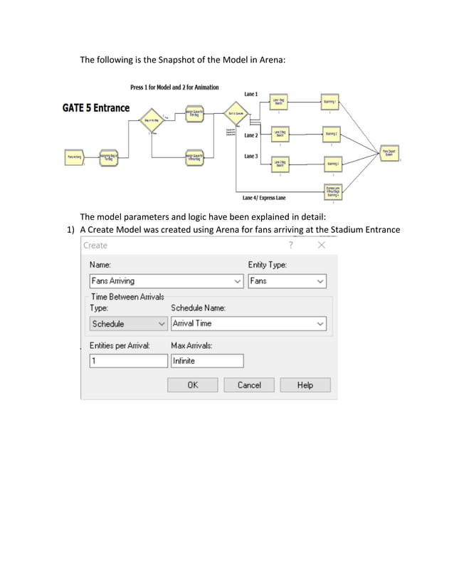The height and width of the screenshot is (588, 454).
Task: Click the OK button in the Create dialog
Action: pyautogui.click(x=193, y=385)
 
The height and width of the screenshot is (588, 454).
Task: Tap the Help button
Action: pyautogui.click(x=305, y=385)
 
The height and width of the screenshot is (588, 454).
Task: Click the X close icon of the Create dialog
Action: pyautogui.click(x=322, y=245)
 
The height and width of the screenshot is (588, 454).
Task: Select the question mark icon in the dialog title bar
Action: pyautogui.click(x=290, y=245)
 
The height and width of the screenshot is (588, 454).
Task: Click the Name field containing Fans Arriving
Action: pyautogui.click(x=167, y=281)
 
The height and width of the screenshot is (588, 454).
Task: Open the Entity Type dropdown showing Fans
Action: pyautogui.click(x=287, y=281)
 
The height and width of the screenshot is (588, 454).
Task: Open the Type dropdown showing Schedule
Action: pyautogui.click(x=128, y=324)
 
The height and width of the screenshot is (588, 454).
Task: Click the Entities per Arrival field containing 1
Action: pyautogui.click(x=128, y=361)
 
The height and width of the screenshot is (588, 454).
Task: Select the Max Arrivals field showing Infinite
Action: pyautogui.click(x=206, y=361)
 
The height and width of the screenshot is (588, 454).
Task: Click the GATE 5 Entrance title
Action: pyautogui.click(x=96, y=107)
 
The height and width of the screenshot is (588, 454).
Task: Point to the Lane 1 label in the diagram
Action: pyautogui.click(x=251, y=95)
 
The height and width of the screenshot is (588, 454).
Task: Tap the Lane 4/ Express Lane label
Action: pyautogui.click(x=264, y=198)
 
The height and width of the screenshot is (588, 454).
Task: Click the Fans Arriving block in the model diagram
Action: pyautogui.click(x=74, y=156)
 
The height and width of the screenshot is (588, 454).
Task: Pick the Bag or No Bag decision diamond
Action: pyautogui.click(x=151, y=120)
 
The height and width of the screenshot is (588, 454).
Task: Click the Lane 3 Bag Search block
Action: pyautogui.click(x=279, y=163)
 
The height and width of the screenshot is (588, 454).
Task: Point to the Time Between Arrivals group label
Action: pyautogui.click(x=127, y=297)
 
